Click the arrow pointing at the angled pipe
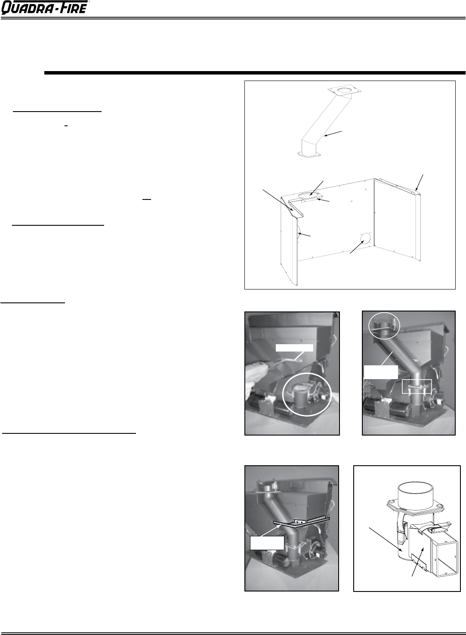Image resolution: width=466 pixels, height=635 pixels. click(x=333, y=134)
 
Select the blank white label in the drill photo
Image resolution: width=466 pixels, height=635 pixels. click(x=294, y=348)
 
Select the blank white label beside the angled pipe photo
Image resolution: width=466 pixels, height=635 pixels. click(x=381, y=372)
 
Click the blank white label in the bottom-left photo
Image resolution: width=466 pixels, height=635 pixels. click(x=267, y=543)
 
